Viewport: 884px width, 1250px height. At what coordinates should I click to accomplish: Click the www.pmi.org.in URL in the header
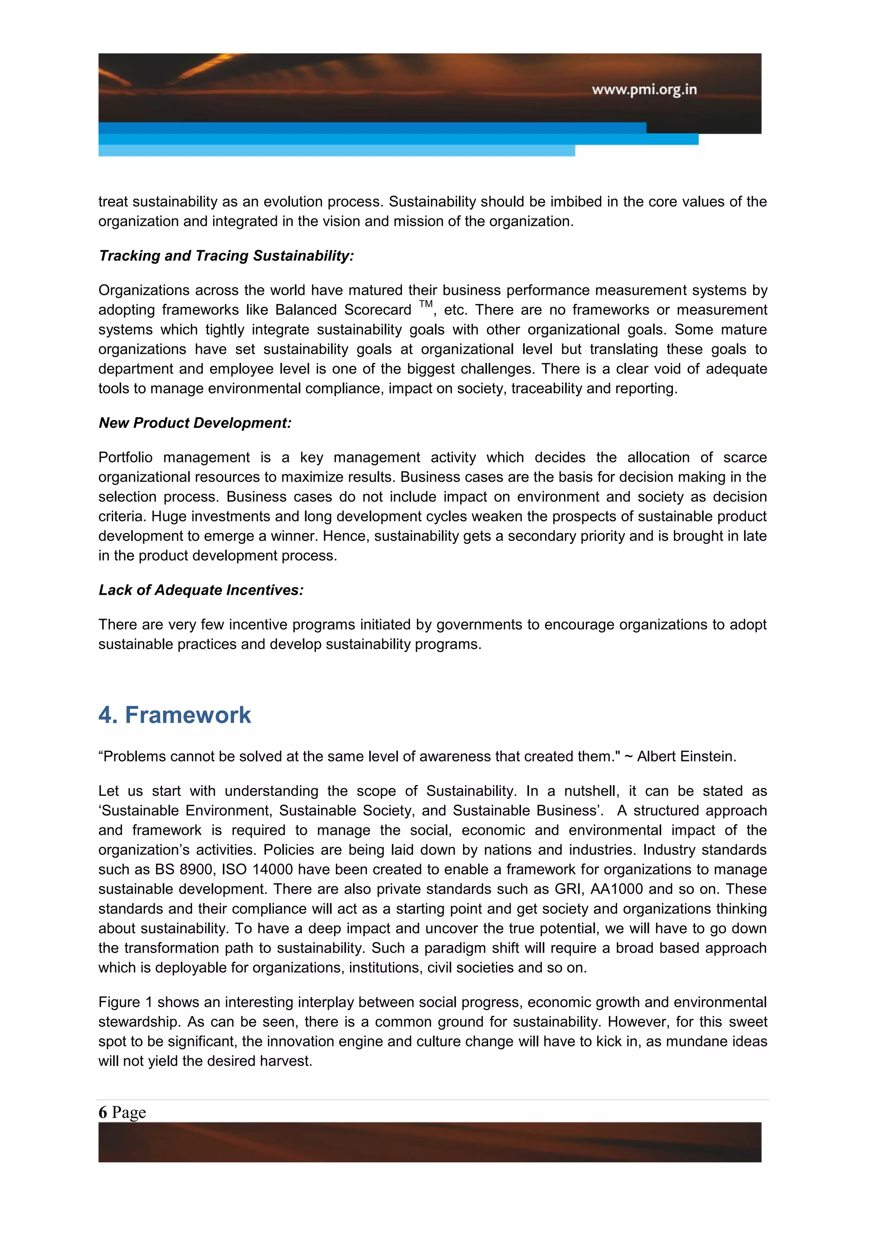[644, 89]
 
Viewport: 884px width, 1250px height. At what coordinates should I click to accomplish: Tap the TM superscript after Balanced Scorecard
[426, 304]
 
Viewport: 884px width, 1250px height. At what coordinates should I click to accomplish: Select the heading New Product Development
[195, 423]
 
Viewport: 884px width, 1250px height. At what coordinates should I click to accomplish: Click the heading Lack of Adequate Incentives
[201, 590]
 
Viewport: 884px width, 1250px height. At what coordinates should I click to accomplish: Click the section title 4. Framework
[175, 715]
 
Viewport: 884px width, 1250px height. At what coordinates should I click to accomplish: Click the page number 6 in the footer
[102, 1112]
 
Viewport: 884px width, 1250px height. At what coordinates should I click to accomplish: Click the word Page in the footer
[129, 1112]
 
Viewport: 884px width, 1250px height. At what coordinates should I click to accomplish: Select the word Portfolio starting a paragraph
[125, 458]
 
